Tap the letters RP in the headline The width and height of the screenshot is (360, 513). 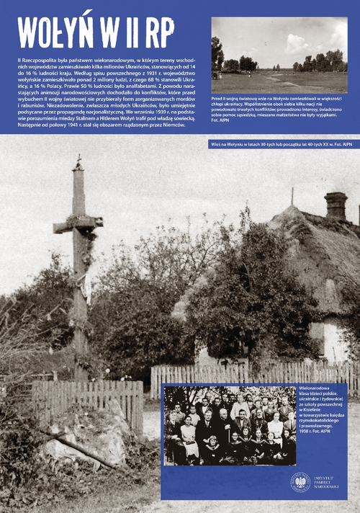(x=156, y=32)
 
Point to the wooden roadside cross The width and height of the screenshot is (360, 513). (x=78, y=274)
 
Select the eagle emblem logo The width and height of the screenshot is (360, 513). (x=300, y=481)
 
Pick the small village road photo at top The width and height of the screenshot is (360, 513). (x=279, y=54)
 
